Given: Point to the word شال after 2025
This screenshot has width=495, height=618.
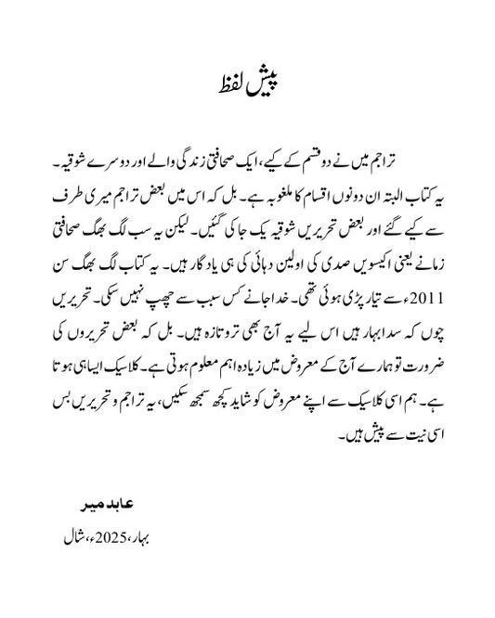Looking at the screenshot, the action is click(x=73, y=536).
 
